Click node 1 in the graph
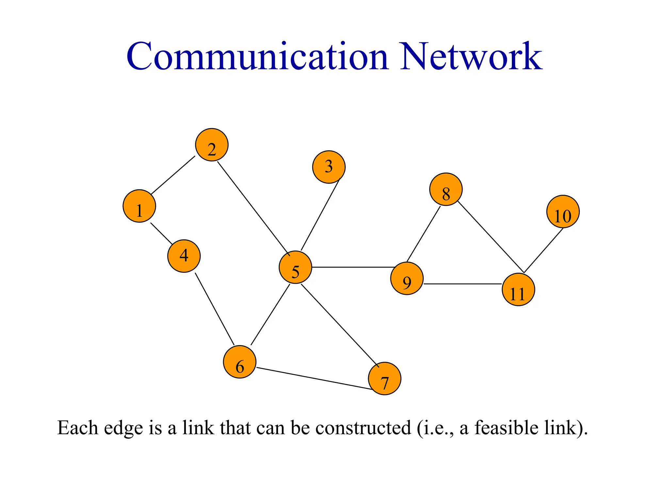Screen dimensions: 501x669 click(x=139, y=206)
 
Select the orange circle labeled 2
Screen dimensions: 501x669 click(x=212, y=145)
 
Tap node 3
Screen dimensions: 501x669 click(x=329, y=167)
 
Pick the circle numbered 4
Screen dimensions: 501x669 click(x=184, y=256)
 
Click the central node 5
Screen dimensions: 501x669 click(x=295, y=267)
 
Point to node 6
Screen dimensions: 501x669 click(x=240, y=362)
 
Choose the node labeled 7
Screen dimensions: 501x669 click(x=384, y=379)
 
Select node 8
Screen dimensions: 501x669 click(x=446, y=189)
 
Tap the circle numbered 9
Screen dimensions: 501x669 click(x=407, y=279)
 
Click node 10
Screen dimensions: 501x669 click(x=563, y=212)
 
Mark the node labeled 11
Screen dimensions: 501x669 click(x=518, y=290)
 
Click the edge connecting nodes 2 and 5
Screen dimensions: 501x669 click(x=253, y=209)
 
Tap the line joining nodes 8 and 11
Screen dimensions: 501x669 click(x=491, y=237)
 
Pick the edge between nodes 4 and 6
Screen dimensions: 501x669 click(x=215, y=309)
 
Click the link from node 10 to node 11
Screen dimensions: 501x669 click(x=544, y=250)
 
